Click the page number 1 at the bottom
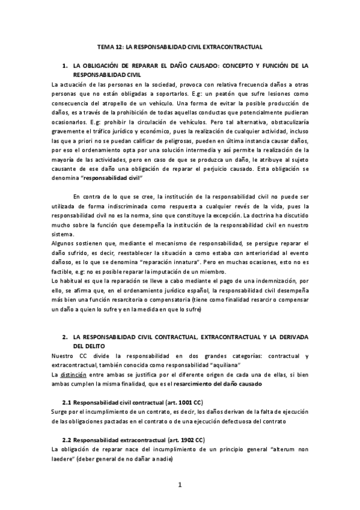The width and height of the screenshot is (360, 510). (180, 485)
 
